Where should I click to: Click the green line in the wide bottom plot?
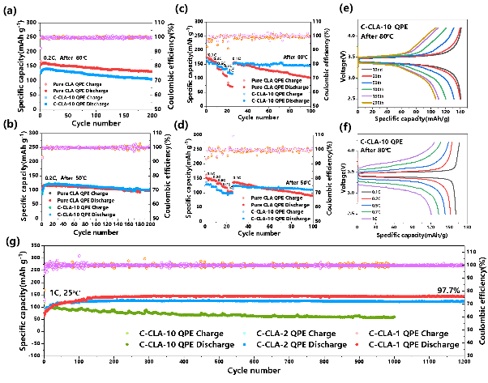[x=243, y=315]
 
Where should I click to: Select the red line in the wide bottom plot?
[x=243, y=296]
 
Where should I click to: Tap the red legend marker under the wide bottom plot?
[x=357, y=344]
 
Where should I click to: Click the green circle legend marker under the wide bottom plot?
[x=127, y=344]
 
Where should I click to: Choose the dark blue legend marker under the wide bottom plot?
[x=244, y=344]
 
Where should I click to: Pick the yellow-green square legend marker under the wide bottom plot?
[x=127, y=333]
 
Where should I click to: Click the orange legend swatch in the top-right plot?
[x=366, y=103]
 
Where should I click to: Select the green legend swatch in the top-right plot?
[x=366, y=89]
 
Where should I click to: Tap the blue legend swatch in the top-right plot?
[x=366, y=83]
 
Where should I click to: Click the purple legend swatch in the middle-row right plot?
[x=366, y=219]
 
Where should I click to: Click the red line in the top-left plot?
[x=97, y=67]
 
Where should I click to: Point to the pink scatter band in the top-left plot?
[x=97, y=37]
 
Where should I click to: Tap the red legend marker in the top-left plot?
[x=45, y=91]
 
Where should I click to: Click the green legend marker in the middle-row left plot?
[x=50, y=207]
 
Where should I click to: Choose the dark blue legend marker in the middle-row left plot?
[x=50, y=215]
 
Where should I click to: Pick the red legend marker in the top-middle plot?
[x=244, y=87]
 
